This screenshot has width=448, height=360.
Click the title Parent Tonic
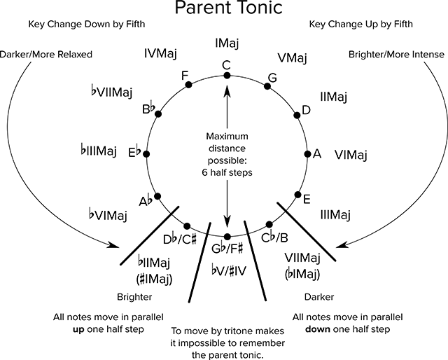(x=229, y=8)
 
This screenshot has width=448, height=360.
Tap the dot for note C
(x=227, y=76)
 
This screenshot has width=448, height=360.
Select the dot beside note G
(x=267, y=86)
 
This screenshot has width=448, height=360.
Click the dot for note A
(x=307, y=154)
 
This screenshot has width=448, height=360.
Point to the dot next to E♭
(x=146, y=154)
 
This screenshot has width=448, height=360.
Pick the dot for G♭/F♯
(x=227, y=237)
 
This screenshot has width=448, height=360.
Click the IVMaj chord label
(x=160, y=53)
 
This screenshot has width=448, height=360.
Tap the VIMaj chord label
(x=351, y=155)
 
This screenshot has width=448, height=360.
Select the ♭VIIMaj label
(x=112, y=92)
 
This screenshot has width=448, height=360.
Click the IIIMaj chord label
(x=335, y=214)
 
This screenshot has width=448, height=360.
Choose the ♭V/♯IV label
(x=229, y=270)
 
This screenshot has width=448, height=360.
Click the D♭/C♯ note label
(x=180, y=240)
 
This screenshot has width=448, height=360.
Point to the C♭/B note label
(x=275, y=237)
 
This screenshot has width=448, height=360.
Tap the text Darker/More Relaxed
(x=46, y=55)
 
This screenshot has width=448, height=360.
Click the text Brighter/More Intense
(x=397, y=55)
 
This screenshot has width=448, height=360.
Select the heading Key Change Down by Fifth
(x=87, y=24)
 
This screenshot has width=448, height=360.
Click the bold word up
(x=78, y=330)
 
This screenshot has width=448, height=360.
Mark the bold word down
(x=318, y=329)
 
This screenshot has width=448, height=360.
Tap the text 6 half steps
(x=227, y=173)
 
